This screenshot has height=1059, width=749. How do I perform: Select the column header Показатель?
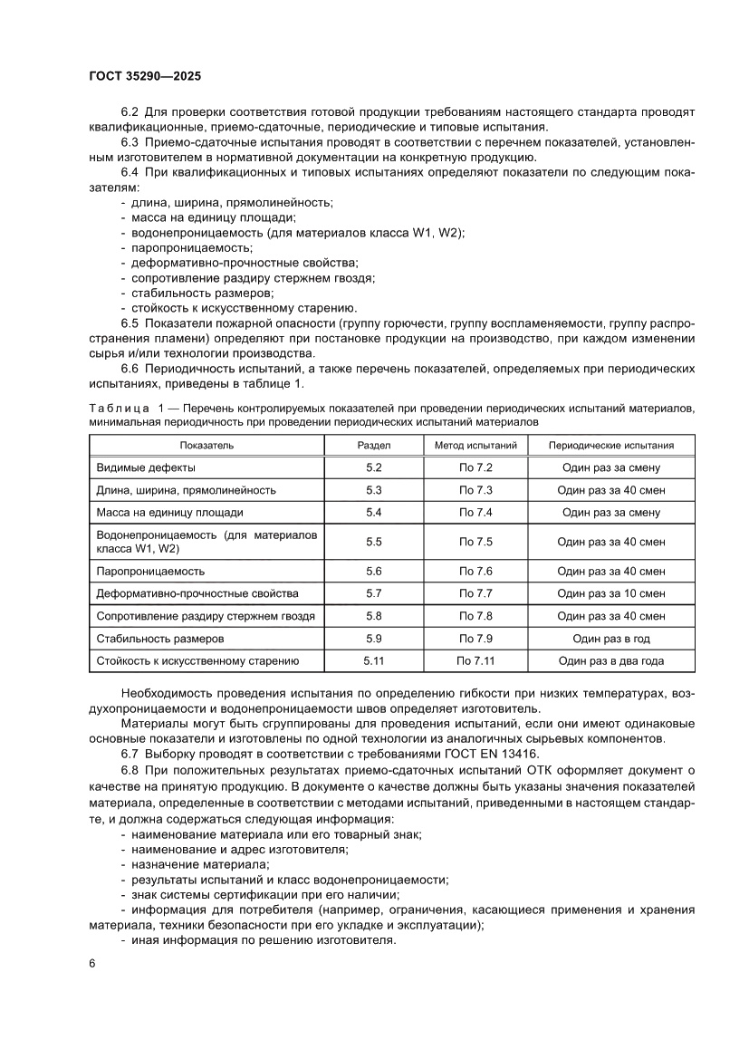[206, 446]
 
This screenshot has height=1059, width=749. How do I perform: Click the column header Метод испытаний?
[475, 446]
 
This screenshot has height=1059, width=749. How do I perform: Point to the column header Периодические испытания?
[611, 446]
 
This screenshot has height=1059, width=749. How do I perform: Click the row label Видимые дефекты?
[146, 467]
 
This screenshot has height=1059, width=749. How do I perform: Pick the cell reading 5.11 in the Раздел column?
[374, 661]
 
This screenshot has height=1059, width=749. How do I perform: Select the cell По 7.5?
[475, 542]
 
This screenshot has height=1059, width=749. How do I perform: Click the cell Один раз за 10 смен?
[611, 593]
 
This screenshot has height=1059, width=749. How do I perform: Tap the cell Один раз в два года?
[611, 661]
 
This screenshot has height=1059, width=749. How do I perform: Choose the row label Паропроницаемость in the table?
[150, 572]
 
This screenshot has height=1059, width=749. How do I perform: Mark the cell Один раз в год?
[611, 639]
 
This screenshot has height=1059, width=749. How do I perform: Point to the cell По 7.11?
[475, 661]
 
